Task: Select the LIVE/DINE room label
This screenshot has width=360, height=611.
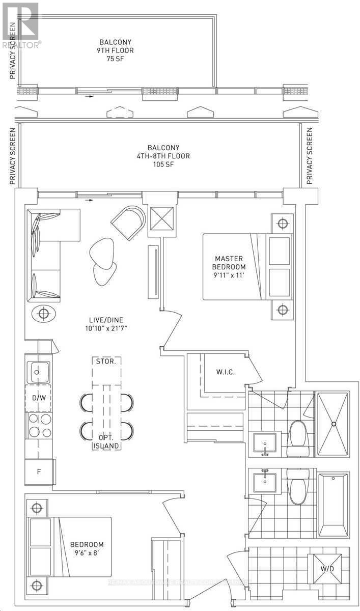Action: [105, 323]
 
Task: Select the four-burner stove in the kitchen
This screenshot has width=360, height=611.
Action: [40, 426]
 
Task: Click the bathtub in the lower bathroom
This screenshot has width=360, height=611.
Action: [334, 504]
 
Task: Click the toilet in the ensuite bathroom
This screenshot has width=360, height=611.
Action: [297, 438]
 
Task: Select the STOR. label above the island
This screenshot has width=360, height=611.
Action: [106, 362]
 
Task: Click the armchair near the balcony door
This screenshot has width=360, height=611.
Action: [128, 220]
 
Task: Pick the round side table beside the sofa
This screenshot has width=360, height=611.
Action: [44, 313]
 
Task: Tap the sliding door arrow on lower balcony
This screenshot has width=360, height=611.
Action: [90, 200]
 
